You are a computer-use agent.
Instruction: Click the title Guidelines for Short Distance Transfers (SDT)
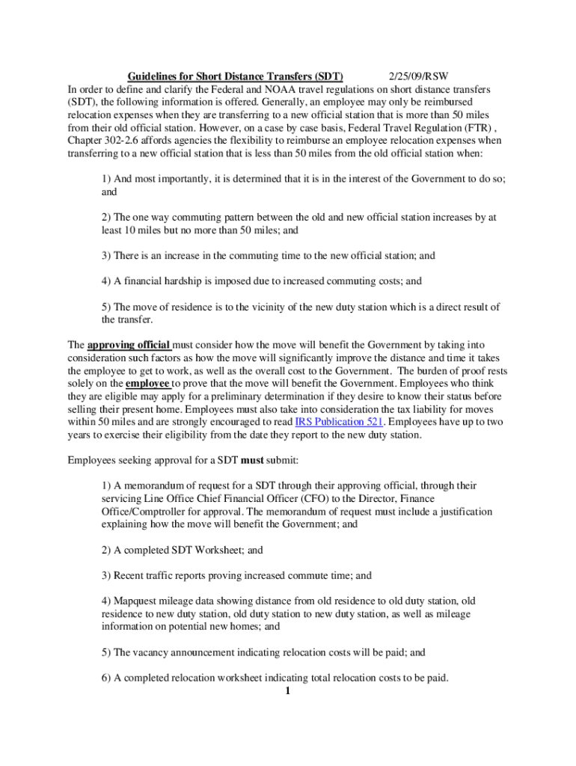(235, 76)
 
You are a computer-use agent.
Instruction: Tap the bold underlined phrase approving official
(129, 345)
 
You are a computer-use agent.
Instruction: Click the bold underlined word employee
(147, 384)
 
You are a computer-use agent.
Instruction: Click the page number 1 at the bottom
(287, 690)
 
